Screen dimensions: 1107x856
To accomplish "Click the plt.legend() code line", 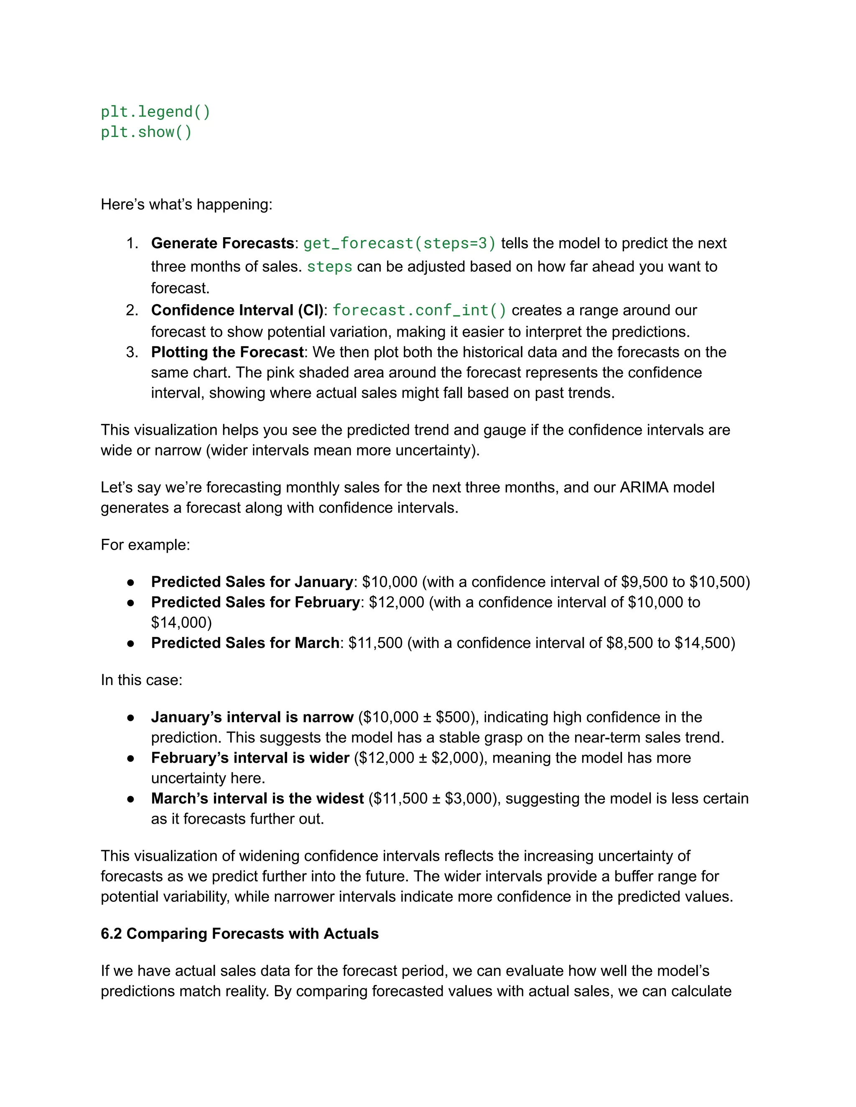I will point(155,112).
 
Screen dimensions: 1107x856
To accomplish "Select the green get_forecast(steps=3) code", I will point(399,243).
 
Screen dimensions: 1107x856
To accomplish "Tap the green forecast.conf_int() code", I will point(419,310).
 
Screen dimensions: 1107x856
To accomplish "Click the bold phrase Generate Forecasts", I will point(222,243).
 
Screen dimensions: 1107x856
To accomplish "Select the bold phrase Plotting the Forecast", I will point(227,352).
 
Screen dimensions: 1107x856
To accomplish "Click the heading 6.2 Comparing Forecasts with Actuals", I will point(239,934).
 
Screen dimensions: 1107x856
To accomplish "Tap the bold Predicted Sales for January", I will point(252,582).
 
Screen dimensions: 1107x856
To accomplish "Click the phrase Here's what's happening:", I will point(186,205).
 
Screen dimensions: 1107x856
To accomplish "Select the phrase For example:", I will point(145,545).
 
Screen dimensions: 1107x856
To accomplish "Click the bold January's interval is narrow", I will point(252,717).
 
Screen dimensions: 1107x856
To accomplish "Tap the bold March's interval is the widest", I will point(257,799).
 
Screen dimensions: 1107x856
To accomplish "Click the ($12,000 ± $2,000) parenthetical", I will point(420,758).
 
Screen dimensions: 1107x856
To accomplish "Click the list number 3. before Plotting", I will point(132,352).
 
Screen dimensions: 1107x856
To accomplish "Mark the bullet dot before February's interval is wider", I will point(131,759).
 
